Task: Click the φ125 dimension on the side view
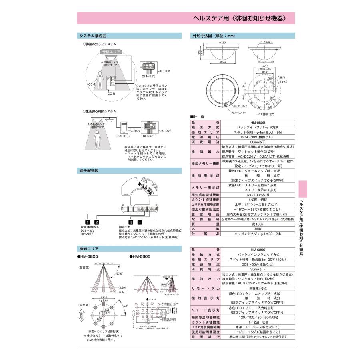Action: coord(223,42)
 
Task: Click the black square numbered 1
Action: coord(87,222)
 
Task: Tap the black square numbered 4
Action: coord(140,222)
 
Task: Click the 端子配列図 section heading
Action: coord(88,170)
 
